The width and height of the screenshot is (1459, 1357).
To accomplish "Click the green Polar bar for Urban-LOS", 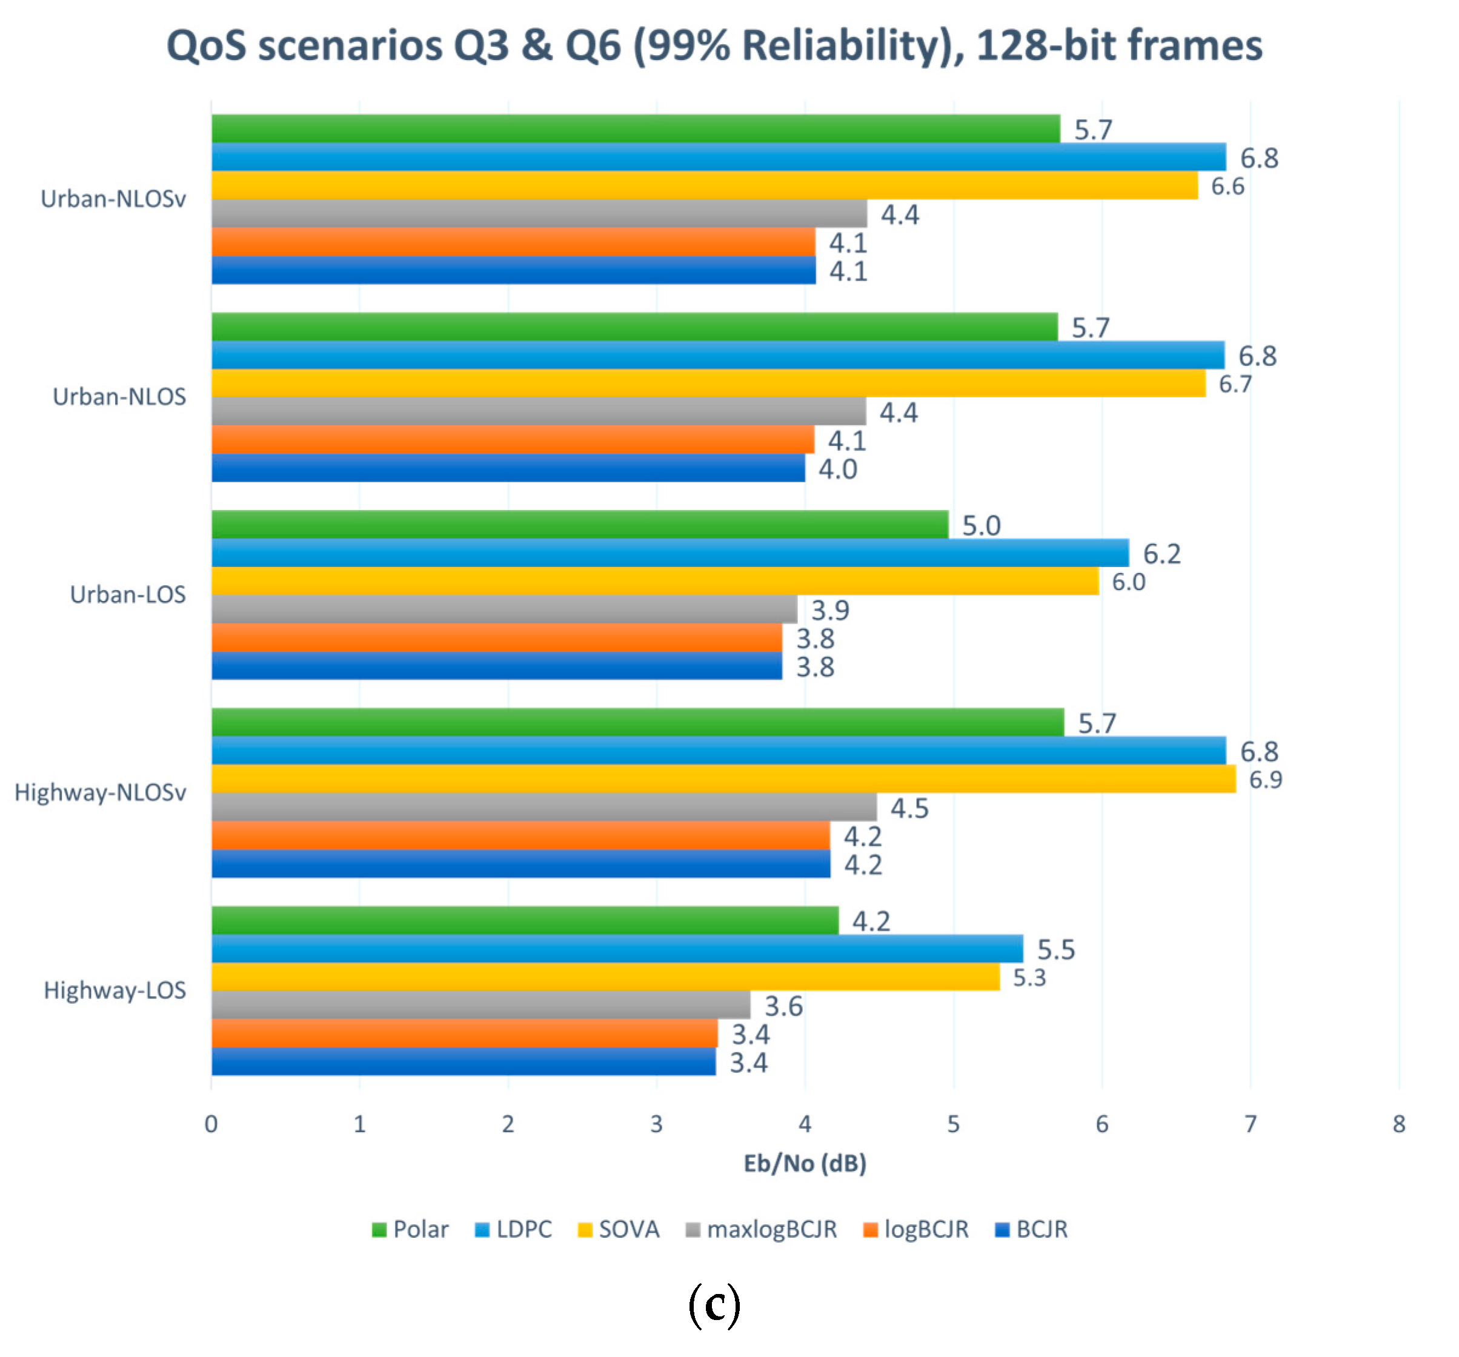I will click(580, 524).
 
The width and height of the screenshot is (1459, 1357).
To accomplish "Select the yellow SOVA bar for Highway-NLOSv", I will click(723, 778).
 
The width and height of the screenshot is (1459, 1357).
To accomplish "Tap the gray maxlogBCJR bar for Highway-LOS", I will click(480, 1004).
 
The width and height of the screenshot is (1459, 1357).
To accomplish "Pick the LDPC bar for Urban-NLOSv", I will click(718, 157).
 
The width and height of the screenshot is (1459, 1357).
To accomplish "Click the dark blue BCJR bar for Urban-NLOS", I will click(508, 468).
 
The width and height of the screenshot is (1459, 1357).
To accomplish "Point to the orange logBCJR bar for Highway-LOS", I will click(464, 1034).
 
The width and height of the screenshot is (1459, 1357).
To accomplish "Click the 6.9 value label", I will click(1265, 780).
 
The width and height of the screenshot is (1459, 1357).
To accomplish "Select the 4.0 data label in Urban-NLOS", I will click(837, 469).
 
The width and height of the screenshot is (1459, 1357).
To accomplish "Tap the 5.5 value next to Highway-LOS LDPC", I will click(1055, 950).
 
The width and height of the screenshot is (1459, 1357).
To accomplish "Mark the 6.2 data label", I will click(1162, 554).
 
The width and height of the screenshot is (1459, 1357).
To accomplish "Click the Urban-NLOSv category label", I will click(113, 199).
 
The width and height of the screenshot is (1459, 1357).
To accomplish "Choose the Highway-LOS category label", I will click(115, 990).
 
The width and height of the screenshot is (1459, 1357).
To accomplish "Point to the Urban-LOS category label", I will click(128, 594).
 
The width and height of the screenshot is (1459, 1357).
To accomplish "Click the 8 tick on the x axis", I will click(1399, 1124).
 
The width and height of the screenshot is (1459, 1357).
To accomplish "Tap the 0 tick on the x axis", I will click(211, 1124).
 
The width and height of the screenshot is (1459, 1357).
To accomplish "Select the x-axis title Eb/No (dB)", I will click(805, 1163).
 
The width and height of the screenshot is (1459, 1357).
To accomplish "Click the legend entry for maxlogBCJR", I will click(771, 1229).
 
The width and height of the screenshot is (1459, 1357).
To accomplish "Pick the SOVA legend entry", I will click(628, 1229).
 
